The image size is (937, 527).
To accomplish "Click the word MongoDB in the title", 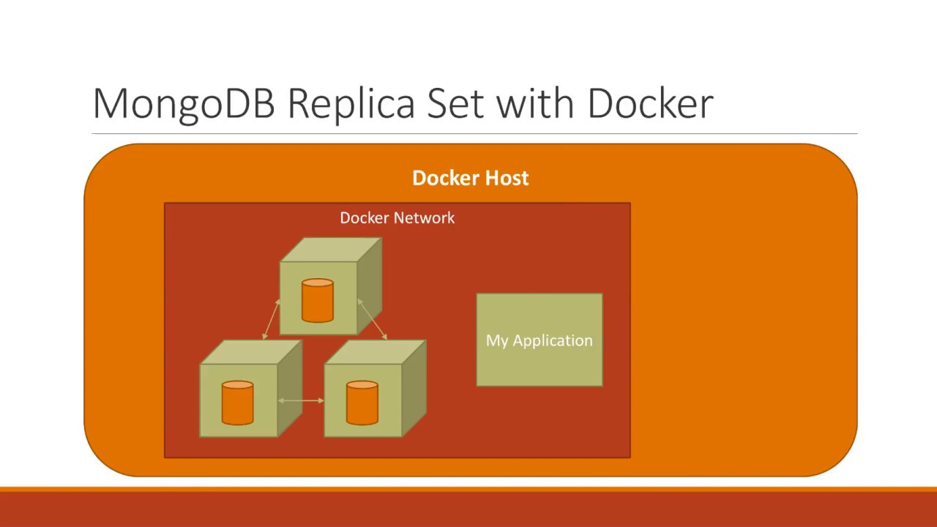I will click(x=184, y=104).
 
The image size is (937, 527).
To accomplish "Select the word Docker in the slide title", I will click(x=650, y=104).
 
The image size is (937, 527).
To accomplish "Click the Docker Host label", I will click(x=470, y=178).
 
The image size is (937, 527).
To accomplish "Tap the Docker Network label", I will click(x=397, y=218).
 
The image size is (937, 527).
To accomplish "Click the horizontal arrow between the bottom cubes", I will click(x=301, y=400).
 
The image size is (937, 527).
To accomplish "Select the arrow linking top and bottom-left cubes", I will click(x=271, y=318).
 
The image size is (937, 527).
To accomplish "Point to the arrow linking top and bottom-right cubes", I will click(x=372, y=319).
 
